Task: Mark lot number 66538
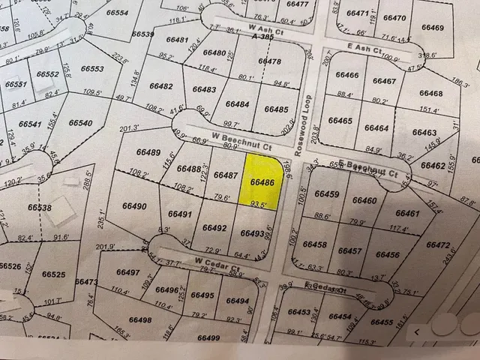[x=40, y=207]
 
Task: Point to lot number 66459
[x=328, y=194]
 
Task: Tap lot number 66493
[x=253, y=233]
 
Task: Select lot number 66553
[x=91, y=68]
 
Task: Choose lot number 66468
[x=431, y=93]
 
